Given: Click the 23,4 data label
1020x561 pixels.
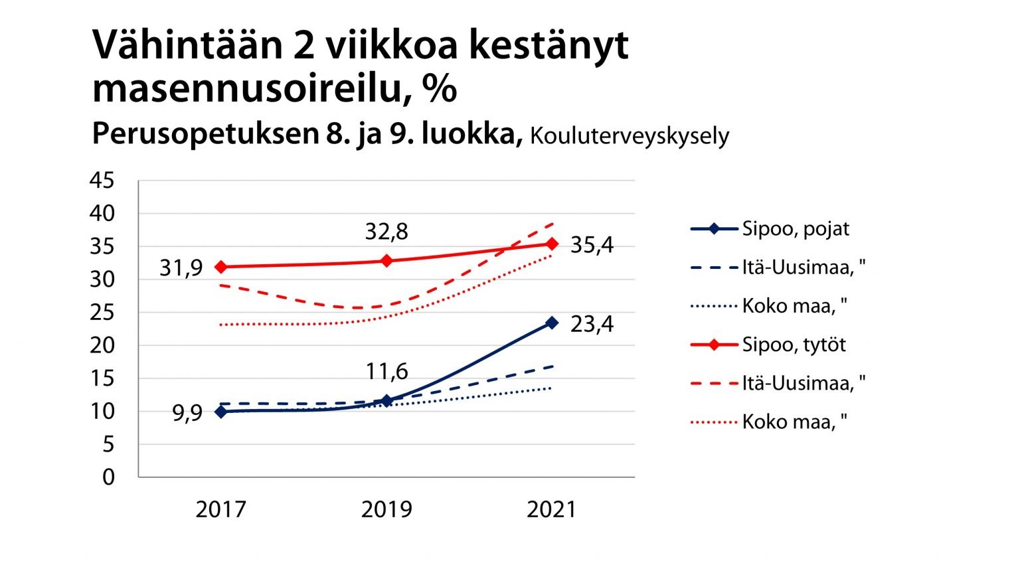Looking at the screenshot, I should [592, 324].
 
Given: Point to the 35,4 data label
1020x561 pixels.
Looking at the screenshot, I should [592, 245].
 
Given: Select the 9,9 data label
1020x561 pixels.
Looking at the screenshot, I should [187, 414].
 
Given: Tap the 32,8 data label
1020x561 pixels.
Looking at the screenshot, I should [386, 232].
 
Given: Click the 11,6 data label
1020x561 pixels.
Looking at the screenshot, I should [386, 371].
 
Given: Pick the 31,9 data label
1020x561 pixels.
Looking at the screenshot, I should [181, 268].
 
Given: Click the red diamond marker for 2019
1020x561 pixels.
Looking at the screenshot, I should [386, 261].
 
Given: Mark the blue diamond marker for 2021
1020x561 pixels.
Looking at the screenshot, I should [552, 323].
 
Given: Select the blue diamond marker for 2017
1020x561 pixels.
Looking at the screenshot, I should [221, 412].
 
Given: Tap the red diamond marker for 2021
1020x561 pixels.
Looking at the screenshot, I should [552, 244].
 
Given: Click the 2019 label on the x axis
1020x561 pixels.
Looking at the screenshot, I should [386, 509].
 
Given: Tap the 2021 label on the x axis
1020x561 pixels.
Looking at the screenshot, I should [552, 509].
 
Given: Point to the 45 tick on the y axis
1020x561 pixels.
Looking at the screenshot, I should [102, 181].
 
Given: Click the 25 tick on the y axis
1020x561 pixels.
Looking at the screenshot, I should [102, 312].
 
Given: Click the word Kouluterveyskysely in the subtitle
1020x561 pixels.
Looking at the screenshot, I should [630, 136].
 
